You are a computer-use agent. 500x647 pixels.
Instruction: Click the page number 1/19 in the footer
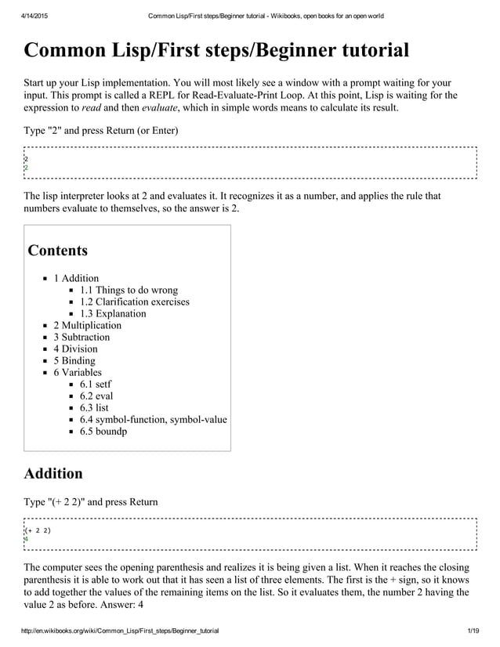(x=472, y=631)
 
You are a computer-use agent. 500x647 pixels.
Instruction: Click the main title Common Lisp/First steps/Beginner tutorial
(x=217, y=52)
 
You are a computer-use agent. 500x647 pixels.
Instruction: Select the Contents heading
(x=58, y=251)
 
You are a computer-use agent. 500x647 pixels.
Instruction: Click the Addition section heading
(x=53, y=473)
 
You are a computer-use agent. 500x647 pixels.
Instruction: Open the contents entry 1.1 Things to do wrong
(x=129, y=290)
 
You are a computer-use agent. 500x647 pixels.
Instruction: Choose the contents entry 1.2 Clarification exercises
(x=134, y=302)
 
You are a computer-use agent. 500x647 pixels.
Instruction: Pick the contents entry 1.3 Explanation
(x=113, y=313)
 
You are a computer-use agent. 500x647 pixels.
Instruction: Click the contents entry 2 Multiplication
(x=87, y=325)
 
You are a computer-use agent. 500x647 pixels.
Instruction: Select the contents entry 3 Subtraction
(x=82, y=337)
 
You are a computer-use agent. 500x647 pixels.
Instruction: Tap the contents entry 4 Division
(x=75, y=349)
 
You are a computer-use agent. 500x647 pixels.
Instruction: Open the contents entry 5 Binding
(x=74, y=360)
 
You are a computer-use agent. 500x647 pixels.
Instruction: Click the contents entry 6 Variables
(x=78, y=372)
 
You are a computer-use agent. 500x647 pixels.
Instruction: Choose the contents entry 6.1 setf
(x=96, y=384)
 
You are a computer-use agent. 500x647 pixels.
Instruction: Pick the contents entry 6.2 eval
(x=96, y=396)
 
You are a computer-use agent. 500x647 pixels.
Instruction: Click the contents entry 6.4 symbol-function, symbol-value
(x=153, y=419)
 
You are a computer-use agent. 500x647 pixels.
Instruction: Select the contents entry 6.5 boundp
(x=103, y=431)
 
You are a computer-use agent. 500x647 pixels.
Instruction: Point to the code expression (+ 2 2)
(x=38, y=530)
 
